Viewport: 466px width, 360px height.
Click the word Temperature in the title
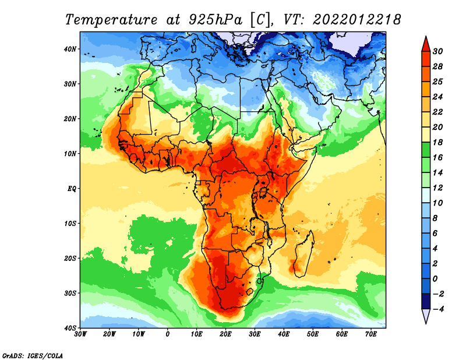pyautogui.click(x=111, y=20)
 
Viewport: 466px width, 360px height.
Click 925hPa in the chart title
pyautogui.click(x=216, y=20)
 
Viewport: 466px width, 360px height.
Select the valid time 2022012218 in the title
pyautogui.click(x=357, y=20)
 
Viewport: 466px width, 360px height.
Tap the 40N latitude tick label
pyautogui.click(x=70, y=49)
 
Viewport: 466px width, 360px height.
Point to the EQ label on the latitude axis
pyautogui.click(x=72, y=189)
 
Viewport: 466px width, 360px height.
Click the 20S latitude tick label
pyautogui.click(x=70, y=258)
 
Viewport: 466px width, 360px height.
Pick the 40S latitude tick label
pyautogui.click(x=70, y=328)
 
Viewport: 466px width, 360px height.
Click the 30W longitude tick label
pyautogui.click(x=80, y=334)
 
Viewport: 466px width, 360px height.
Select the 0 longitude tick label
pyautogui.click(x=168, y=334)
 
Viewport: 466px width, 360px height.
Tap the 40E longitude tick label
pyautogui.click(x=284, y=334)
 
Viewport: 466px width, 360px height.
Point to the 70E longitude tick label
pyautogui.click(x=371, y=334)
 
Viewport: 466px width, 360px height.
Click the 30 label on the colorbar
pyautogui.click(x=437, y=51)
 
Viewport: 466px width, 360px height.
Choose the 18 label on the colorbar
pyautogui.click(x=437, y=142)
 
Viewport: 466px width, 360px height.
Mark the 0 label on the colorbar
pyautogui.click(x=435, y=279)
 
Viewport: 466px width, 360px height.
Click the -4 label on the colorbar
pyautogui.click(x=439, y=309)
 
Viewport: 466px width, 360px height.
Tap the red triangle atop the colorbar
pyautogui.click(x=426, y=45)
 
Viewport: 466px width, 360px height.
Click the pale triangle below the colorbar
pyautogui.click(x=426, y=315)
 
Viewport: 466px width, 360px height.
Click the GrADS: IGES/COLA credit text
pyautogui.click(x=33, y=355)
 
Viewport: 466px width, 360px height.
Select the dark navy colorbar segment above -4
pyautogui.click(x=426, y=301)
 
